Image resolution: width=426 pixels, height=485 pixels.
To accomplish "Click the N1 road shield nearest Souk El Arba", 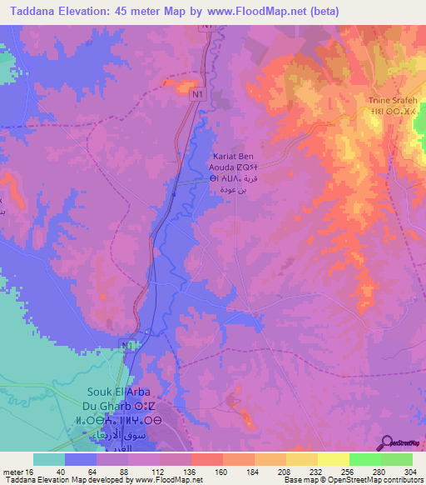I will pos(125,345).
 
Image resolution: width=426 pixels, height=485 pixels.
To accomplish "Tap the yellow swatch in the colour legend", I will pos(333,459).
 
